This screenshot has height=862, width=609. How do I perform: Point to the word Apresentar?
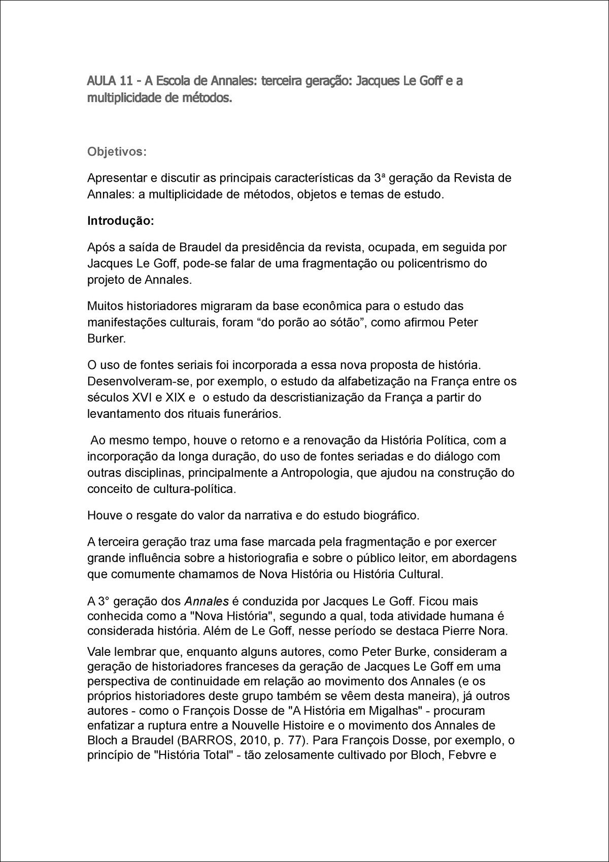(116, 178)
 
